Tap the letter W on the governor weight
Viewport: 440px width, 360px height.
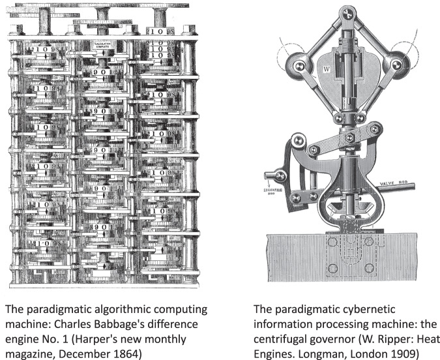[325, 67]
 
